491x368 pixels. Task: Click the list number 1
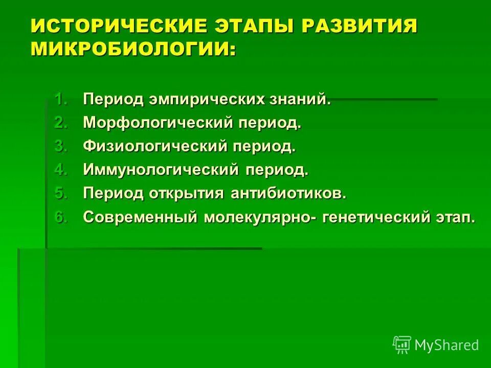[x=61, y=99]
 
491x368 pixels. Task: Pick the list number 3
[x=61, y=147]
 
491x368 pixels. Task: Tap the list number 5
[x=61, y=194]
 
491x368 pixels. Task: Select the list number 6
[x=61, y=217]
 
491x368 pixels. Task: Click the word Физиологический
[x=155, y=147]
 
